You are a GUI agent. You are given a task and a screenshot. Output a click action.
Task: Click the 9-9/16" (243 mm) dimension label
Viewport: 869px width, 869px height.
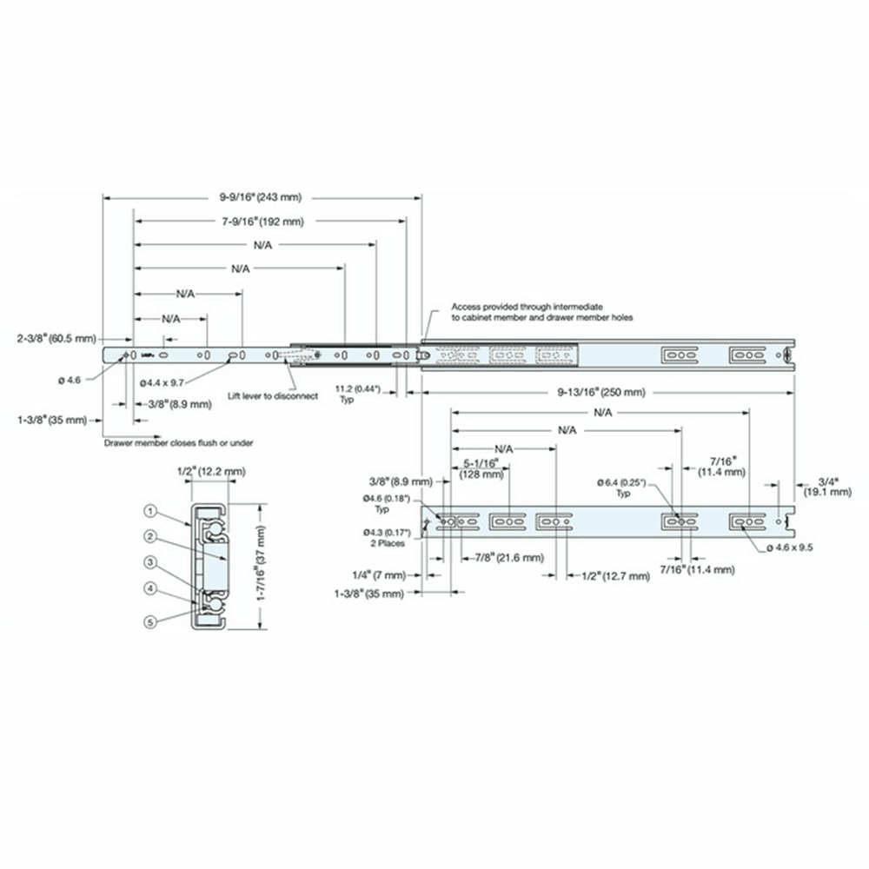(260, 197)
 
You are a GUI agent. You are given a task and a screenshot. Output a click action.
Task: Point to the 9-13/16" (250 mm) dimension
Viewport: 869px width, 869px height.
(602, 392)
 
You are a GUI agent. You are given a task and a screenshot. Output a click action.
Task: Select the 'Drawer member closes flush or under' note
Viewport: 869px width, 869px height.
(178, 442)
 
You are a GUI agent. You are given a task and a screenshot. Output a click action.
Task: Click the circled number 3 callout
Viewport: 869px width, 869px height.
(150, 562)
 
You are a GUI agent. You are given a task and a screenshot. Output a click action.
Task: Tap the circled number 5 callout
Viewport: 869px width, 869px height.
(150, 620)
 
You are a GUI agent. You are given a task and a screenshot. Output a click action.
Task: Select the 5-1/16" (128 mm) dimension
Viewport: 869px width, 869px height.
(482, 469)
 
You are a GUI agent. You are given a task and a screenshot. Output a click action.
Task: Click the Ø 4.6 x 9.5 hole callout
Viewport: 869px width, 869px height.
(795, 547)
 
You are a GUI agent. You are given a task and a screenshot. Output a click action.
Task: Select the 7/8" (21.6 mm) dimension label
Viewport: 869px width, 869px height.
(504, 557)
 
